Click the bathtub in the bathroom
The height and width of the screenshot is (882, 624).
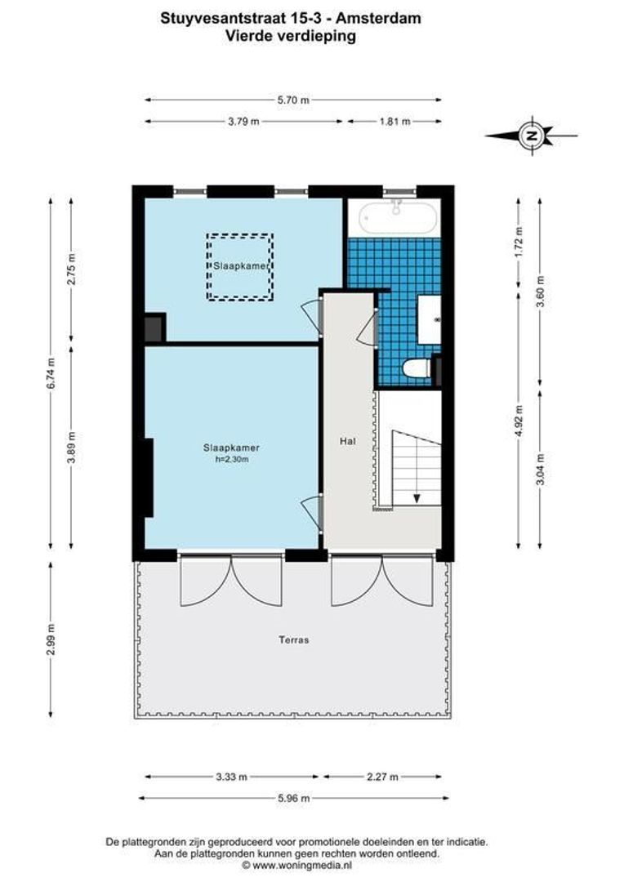click(397, 217)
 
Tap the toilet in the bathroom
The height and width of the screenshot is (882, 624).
click(418, 369)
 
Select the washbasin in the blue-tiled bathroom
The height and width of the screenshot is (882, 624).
click(430, 318)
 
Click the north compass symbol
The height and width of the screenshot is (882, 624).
click(532, 136)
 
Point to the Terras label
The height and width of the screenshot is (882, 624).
click(293, 640)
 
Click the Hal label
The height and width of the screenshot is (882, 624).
click(348, 441)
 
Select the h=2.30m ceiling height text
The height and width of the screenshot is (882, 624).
click(231, 459)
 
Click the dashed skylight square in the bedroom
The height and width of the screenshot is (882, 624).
click(239, 267)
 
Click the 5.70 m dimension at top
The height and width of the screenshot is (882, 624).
click(293, 100)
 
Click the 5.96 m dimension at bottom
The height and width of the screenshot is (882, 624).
click(293, 798)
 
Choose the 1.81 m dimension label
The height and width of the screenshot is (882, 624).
click(394, 122)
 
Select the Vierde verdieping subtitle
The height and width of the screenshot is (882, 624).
click(292, 36)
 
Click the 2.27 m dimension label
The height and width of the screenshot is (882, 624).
click(382, 777)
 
